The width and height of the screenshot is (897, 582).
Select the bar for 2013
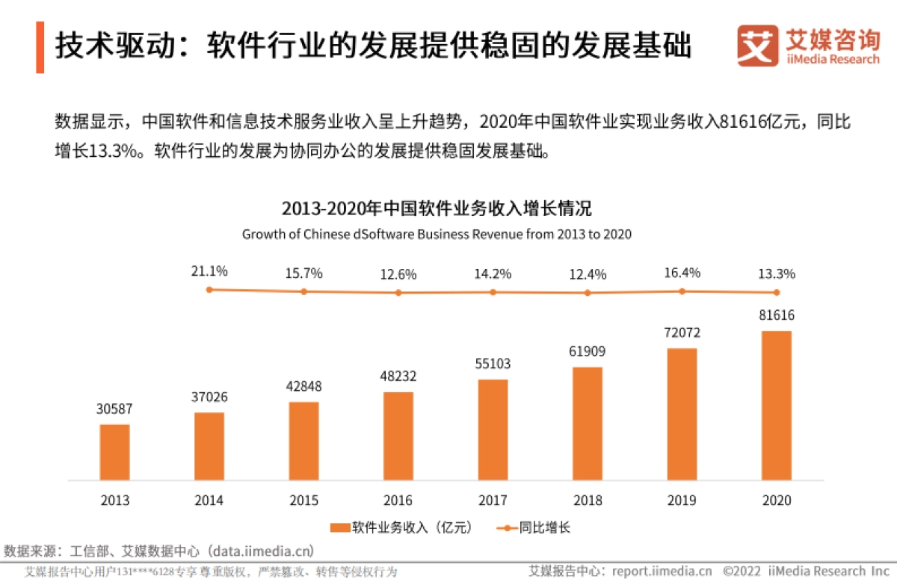click(114, 452)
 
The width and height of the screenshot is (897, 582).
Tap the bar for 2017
click(493, 430)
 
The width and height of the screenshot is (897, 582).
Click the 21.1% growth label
click(209, 271)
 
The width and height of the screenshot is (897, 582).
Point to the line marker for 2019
click(682, 291)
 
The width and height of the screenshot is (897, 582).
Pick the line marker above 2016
click(398, 293)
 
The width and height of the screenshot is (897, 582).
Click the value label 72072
click(682, 332)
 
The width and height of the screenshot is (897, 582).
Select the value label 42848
click(303, 386)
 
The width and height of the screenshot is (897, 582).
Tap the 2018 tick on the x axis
click(588, 500)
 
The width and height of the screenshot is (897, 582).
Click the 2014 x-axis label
click(209, 500)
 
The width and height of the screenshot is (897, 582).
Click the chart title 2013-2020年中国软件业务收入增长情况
click(437, 208)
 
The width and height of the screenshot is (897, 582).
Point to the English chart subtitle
click(437, 234)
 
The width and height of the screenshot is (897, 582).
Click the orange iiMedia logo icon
click(756, 46)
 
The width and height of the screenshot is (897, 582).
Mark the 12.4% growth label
click(588, 274)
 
